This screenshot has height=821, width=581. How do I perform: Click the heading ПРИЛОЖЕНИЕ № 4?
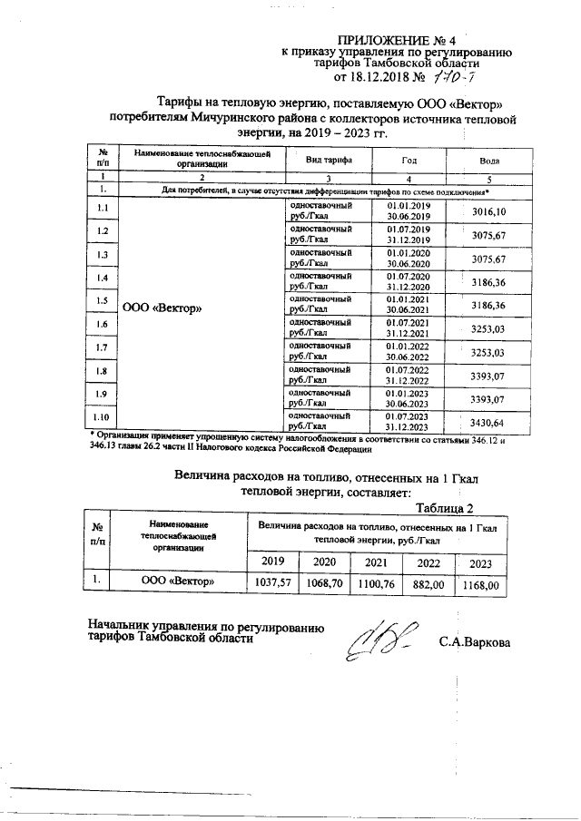(396, 40)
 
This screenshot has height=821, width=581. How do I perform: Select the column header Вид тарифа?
(329, 159)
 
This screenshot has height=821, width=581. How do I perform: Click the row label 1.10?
(103, 417)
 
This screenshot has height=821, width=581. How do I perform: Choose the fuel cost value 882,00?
(428, 585)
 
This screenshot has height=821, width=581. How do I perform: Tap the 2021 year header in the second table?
(376, 562)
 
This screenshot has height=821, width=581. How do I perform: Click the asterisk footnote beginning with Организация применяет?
(290, 442)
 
